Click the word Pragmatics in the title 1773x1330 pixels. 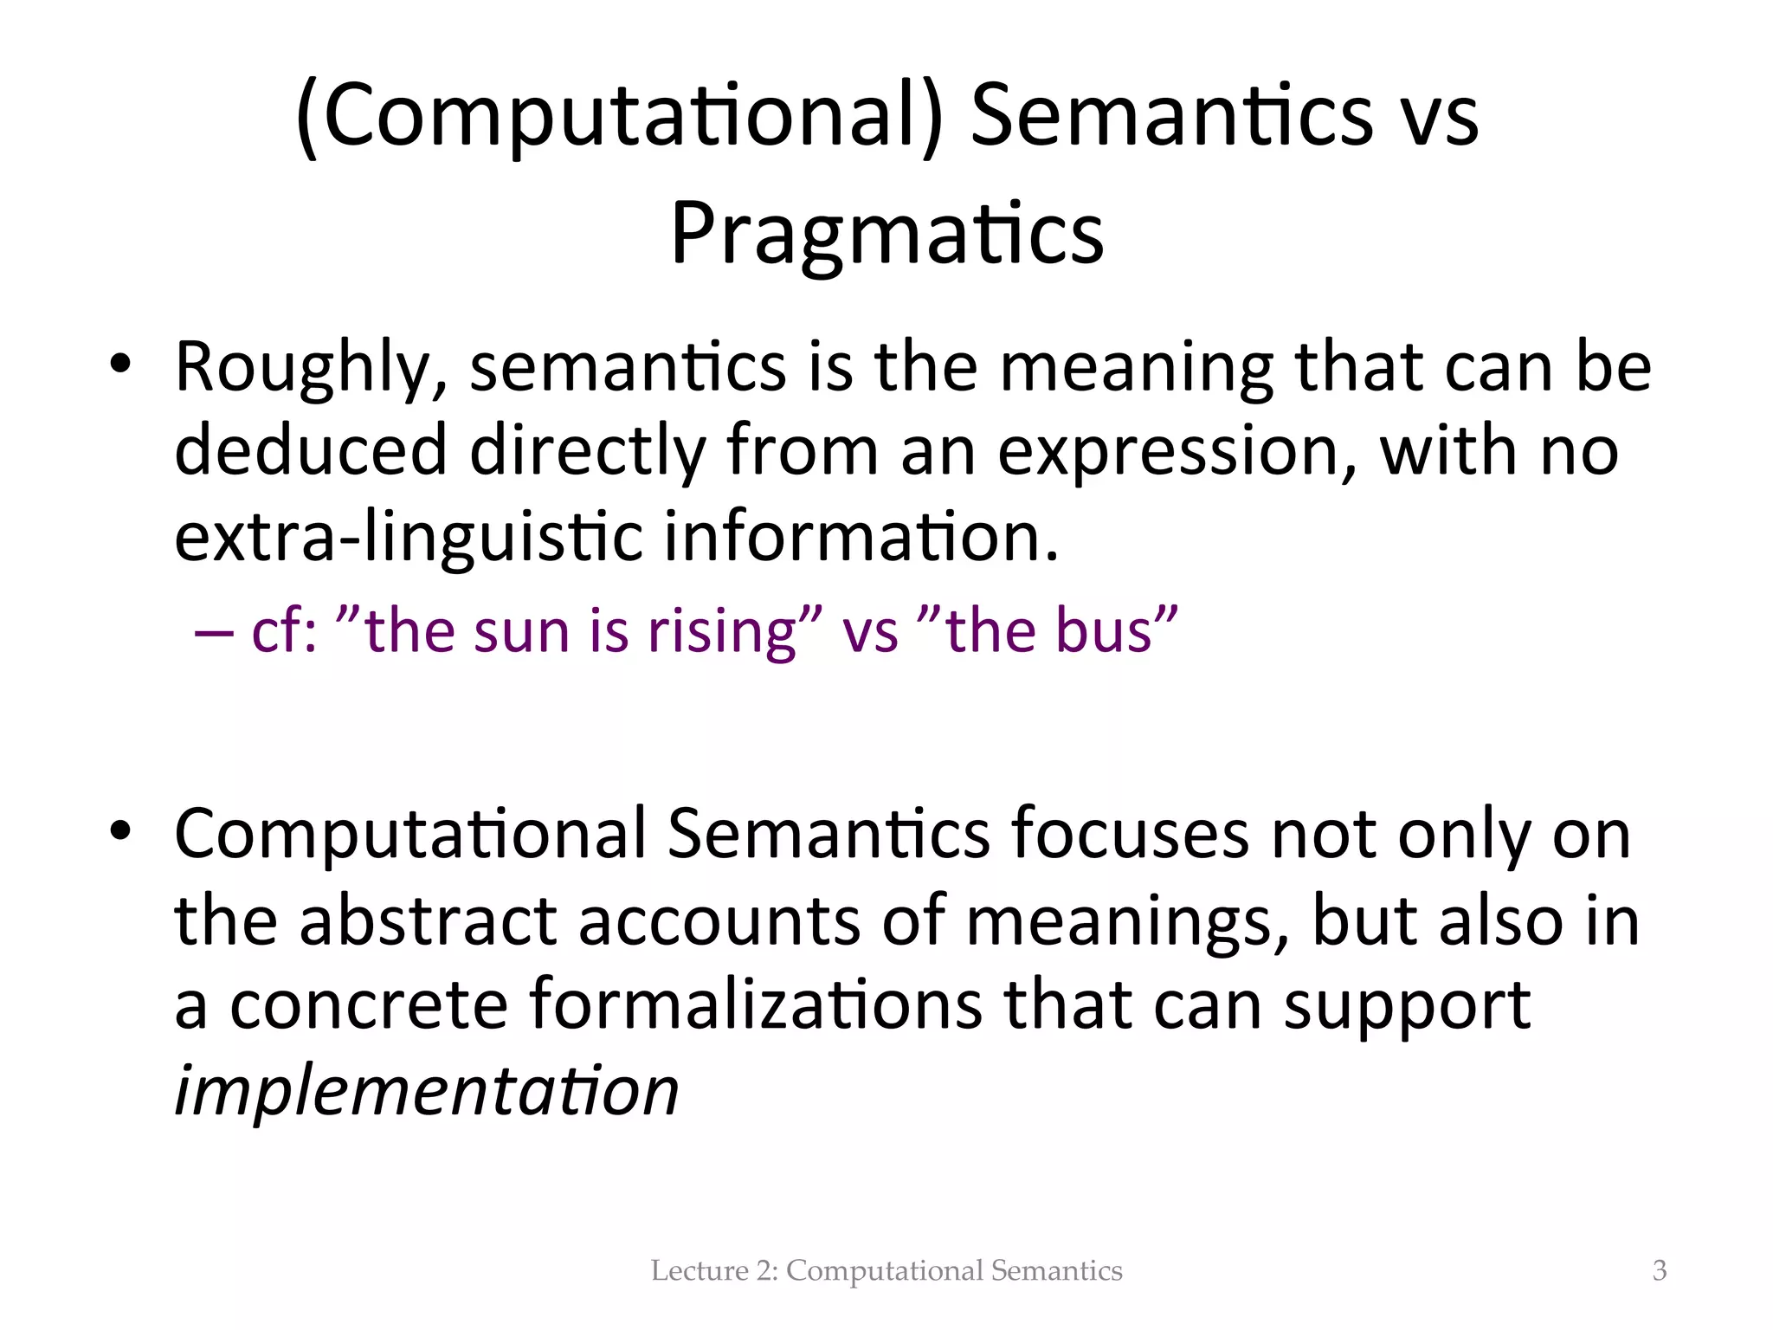tap(886, 234)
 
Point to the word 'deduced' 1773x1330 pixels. tap(310, 450)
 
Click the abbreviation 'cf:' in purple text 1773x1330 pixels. tap(283, 630)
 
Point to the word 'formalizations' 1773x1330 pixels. tap(756, 1004)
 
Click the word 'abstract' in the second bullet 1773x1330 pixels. tap(428, 920)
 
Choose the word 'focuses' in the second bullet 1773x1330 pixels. tap(1130, 834)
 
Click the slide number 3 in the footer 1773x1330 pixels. tap(1659, 1270)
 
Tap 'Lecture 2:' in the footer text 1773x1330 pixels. tap(714, 1270)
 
